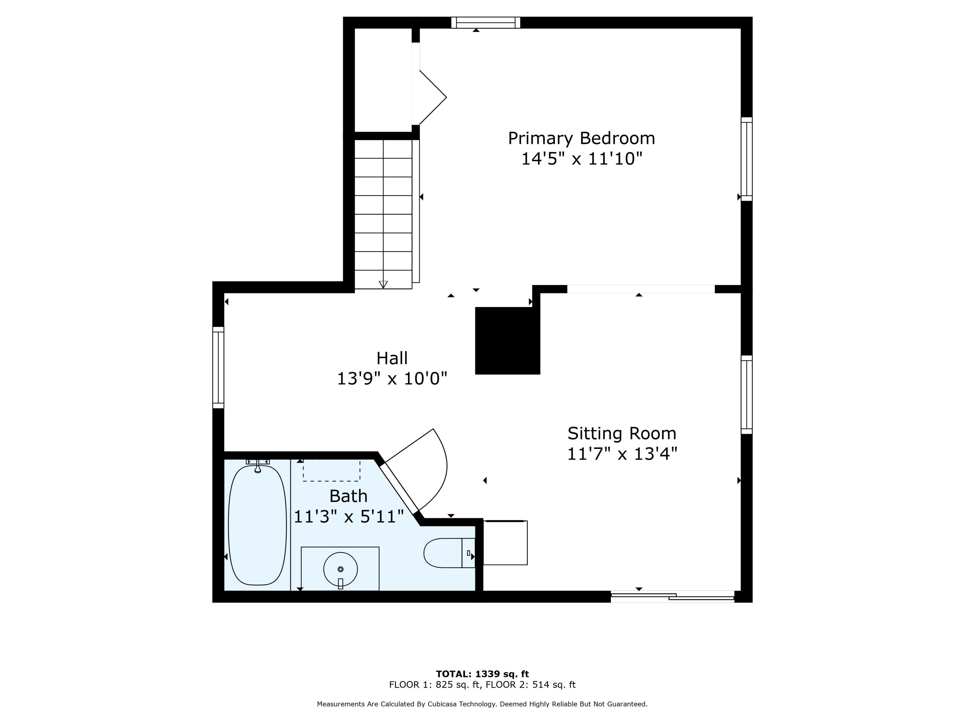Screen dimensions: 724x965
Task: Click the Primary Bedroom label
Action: pos(581,138)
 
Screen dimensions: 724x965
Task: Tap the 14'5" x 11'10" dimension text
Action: pos(582,159)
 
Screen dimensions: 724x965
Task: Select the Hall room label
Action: pos(392,358)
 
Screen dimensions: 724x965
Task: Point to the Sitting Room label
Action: pos(622,433)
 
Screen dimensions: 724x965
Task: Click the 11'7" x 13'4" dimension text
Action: pos(622,454)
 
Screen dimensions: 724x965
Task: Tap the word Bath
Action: pos(348,496)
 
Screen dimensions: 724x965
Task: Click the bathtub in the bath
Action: pos(257,525)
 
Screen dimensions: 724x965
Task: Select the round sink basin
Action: pos(340,569)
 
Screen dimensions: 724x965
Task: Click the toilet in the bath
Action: pos(447,553)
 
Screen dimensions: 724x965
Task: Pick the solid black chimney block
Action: pos(507,340)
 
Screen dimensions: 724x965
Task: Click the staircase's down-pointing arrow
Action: pos(383,284)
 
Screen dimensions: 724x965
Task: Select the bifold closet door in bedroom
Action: pos(432,97)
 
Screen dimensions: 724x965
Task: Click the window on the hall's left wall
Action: pos(218,367)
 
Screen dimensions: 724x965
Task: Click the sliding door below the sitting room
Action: pos(672,597)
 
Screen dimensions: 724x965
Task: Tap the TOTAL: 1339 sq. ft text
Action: pos(482,674)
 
